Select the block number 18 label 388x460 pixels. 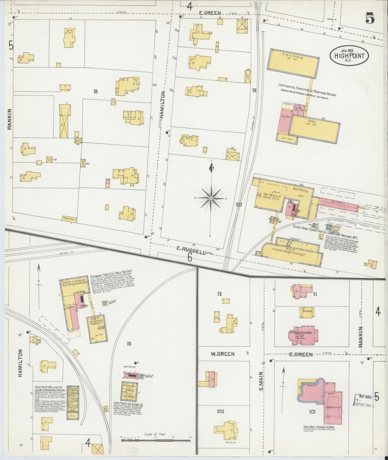tap(95, 92)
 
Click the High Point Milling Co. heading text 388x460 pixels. tap(49, 387)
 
